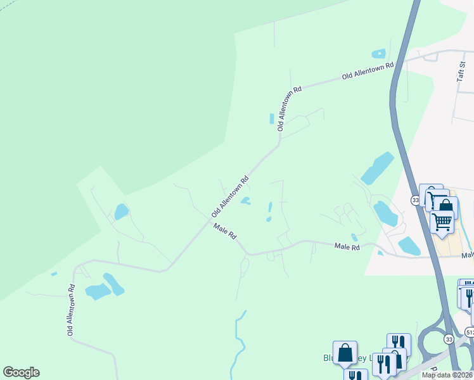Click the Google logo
(21, 372)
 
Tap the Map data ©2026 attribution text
(447, 375)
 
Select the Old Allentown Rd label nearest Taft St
(368, 70)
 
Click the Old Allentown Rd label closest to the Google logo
(72, 310)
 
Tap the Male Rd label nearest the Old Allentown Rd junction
(225, 231)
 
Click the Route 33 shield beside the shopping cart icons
(415, 200)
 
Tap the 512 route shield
(470, 331)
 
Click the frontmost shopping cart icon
(442, 222)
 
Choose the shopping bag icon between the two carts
(446, 208)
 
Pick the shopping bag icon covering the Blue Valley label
(345, 353)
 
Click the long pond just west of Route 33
(377, 168)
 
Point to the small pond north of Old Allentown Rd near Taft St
(379, 54)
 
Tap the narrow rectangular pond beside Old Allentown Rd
(272, 118)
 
